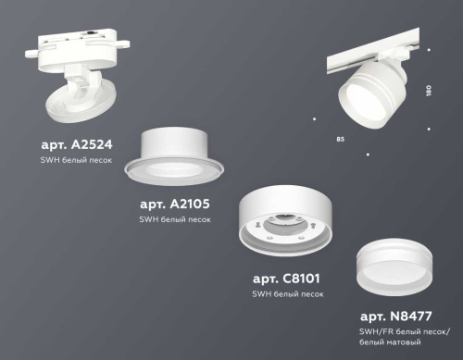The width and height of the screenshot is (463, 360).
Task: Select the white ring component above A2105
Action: tap(183, 150)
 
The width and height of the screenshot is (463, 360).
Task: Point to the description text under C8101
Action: tap(287, 293)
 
